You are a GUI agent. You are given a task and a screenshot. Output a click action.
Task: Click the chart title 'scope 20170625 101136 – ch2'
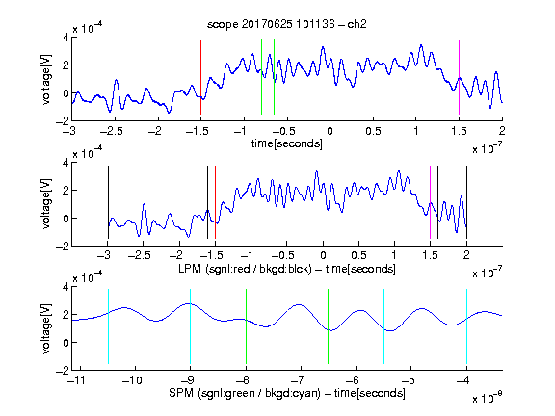(x=287, y=24)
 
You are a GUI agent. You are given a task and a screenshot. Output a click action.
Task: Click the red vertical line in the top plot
(x=200, y=77)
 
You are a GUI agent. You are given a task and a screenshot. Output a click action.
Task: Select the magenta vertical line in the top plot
(x=459, y=77)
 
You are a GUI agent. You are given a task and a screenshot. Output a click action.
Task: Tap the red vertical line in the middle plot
(x=215, y=202)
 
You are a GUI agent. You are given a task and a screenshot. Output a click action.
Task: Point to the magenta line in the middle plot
(x=430, y=202)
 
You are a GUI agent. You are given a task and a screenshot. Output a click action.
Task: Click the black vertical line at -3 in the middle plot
(x=108, y=202)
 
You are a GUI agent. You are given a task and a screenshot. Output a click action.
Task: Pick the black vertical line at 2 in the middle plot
(x=467, y=202)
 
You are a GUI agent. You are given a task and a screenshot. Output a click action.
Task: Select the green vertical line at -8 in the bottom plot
(x=246, y=326)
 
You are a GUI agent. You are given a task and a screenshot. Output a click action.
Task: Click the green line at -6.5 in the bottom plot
(x=329, y=326)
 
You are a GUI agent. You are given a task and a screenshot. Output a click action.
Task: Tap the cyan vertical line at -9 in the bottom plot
(x=191, y=326)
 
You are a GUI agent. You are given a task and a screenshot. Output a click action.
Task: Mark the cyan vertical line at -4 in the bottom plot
(x=467, y=326)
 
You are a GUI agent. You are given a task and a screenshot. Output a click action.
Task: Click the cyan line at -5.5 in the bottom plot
(x=384, y=326)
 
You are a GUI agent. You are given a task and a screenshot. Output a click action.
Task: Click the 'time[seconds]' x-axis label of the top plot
(x=287, y=143)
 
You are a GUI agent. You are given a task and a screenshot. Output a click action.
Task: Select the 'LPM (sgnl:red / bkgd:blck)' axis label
(x=245, y=269)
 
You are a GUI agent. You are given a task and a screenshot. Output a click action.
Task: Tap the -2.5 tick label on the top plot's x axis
(x=111, y=131)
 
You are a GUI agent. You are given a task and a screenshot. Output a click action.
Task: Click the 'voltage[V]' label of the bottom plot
(x=46, y=328)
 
